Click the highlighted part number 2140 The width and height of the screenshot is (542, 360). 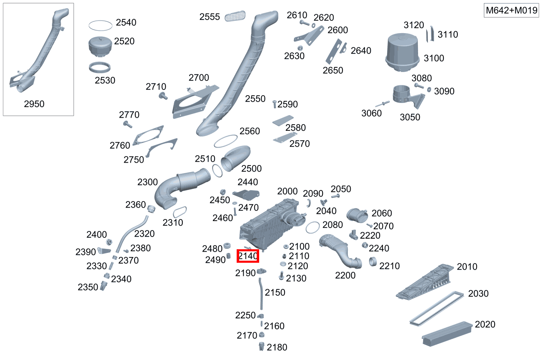248,256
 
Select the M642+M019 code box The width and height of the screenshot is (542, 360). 511,11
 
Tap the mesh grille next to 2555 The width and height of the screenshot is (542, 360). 236,17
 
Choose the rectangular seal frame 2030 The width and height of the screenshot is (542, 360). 437,308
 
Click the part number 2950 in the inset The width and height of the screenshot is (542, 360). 34,104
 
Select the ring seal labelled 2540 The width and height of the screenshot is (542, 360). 101,25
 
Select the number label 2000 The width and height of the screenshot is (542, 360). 287,191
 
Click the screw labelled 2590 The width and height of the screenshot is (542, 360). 275,104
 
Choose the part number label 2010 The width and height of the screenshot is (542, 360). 467,267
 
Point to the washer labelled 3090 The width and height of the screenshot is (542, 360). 430,89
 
